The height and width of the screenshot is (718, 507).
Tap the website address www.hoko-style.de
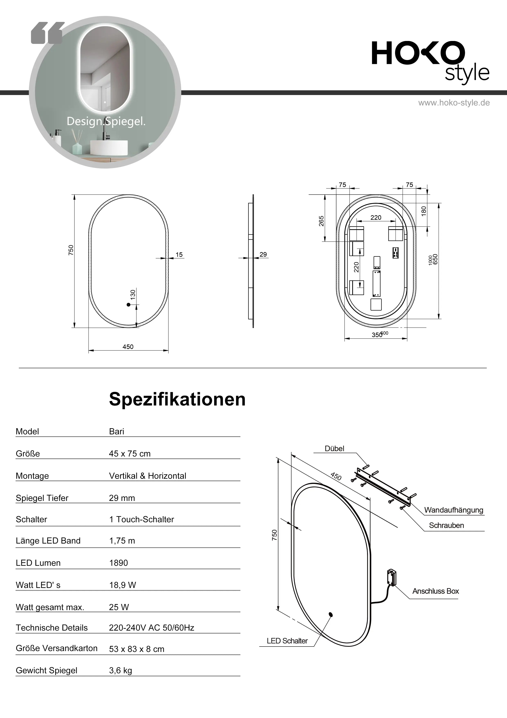(454, 103)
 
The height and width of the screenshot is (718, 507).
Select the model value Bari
(116, 431)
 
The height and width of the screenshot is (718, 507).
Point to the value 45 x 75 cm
(130, 454)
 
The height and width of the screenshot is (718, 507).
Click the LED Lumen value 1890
(118, 563)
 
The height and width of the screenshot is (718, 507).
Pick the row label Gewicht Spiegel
(46, 670)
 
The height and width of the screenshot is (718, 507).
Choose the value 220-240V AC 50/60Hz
(151, 628)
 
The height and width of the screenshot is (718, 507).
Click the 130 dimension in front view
(133, 294)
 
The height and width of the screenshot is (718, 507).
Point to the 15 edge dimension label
(179, 255)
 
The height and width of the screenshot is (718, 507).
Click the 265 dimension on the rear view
(321, 221)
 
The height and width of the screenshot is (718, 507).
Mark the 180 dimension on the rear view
(424, 211)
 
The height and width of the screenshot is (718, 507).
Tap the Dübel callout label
(334, 449)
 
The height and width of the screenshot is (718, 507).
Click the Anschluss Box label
(435, 591)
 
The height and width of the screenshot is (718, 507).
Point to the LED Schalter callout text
(287, 641)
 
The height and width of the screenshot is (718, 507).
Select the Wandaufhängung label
(454, 510)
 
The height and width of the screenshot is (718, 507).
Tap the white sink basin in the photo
(109, 148)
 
